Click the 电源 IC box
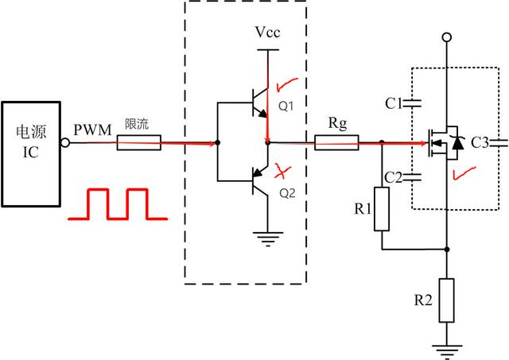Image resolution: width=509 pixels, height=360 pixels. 31,150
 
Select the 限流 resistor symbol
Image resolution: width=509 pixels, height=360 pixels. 139,143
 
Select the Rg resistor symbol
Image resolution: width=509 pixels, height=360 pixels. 336,143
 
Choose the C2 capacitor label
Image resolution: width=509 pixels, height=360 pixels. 393,176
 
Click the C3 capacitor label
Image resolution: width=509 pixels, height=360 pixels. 481,143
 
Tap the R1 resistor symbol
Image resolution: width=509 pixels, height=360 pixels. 383,209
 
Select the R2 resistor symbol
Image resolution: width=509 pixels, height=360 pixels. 447,300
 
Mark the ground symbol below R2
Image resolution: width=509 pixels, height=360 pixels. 447,347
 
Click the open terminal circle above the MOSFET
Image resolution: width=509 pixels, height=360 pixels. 447,37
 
